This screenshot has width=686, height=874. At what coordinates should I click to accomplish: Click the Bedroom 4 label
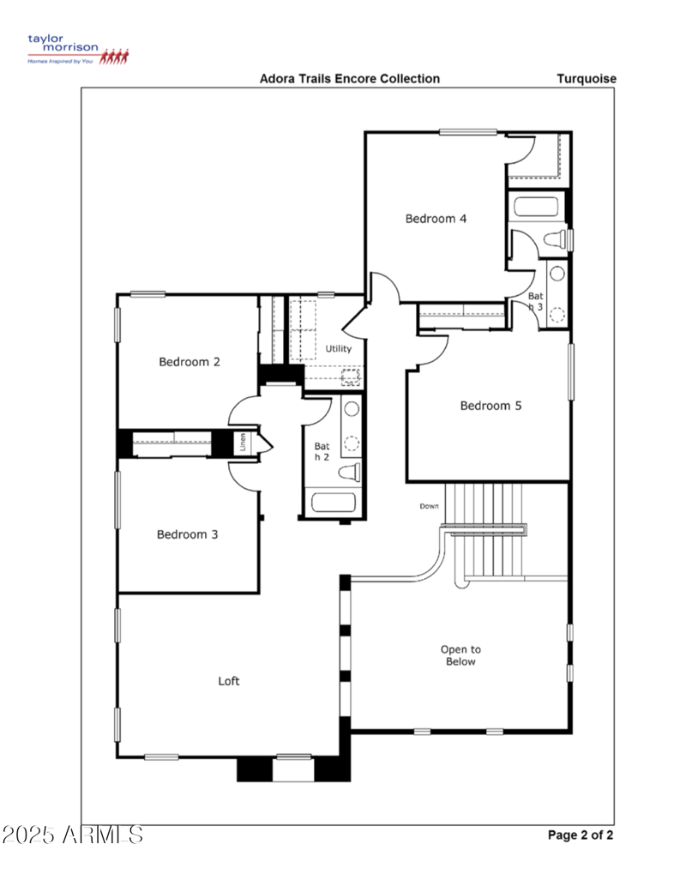click(436, 219)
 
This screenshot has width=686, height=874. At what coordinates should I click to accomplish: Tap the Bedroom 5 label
click(490, 406)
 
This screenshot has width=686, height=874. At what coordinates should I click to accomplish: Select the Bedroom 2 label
click(190, 362)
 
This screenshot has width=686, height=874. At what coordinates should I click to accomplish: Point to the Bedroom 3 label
click(187, 534)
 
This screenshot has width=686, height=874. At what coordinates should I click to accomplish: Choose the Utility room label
click(338, 349)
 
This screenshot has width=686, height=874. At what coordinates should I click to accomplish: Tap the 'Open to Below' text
click(460, 655)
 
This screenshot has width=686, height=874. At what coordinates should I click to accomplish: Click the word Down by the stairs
click(429, 506)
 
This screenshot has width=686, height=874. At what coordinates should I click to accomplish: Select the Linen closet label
click(244, 443)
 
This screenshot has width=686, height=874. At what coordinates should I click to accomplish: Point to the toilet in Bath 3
click(555, 238)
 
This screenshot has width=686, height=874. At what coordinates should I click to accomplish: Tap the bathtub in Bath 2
click(334, 502)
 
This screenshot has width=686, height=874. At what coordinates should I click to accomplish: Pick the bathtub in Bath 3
click(535, 208)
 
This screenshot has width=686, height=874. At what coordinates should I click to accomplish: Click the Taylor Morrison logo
click(78, 50)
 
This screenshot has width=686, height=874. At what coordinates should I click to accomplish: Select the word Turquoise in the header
click(587, 79)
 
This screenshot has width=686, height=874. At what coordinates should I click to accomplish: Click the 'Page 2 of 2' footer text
click(581, 835)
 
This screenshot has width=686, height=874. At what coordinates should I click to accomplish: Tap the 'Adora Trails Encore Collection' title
click(350, 79)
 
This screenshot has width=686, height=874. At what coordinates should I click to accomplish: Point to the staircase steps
click(484, 532)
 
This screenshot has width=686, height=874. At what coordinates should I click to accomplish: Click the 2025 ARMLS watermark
click(72, 835)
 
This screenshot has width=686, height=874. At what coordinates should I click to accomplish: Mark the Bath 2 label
click(322, 452)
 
